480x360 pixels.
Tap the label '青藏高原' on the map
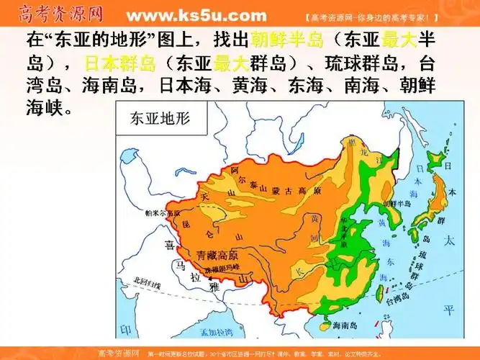click(217, 255)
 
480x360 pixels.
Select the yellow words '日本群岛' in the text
click(119, 63)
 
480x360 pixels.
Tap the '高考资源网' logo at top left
click(62, 14)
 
